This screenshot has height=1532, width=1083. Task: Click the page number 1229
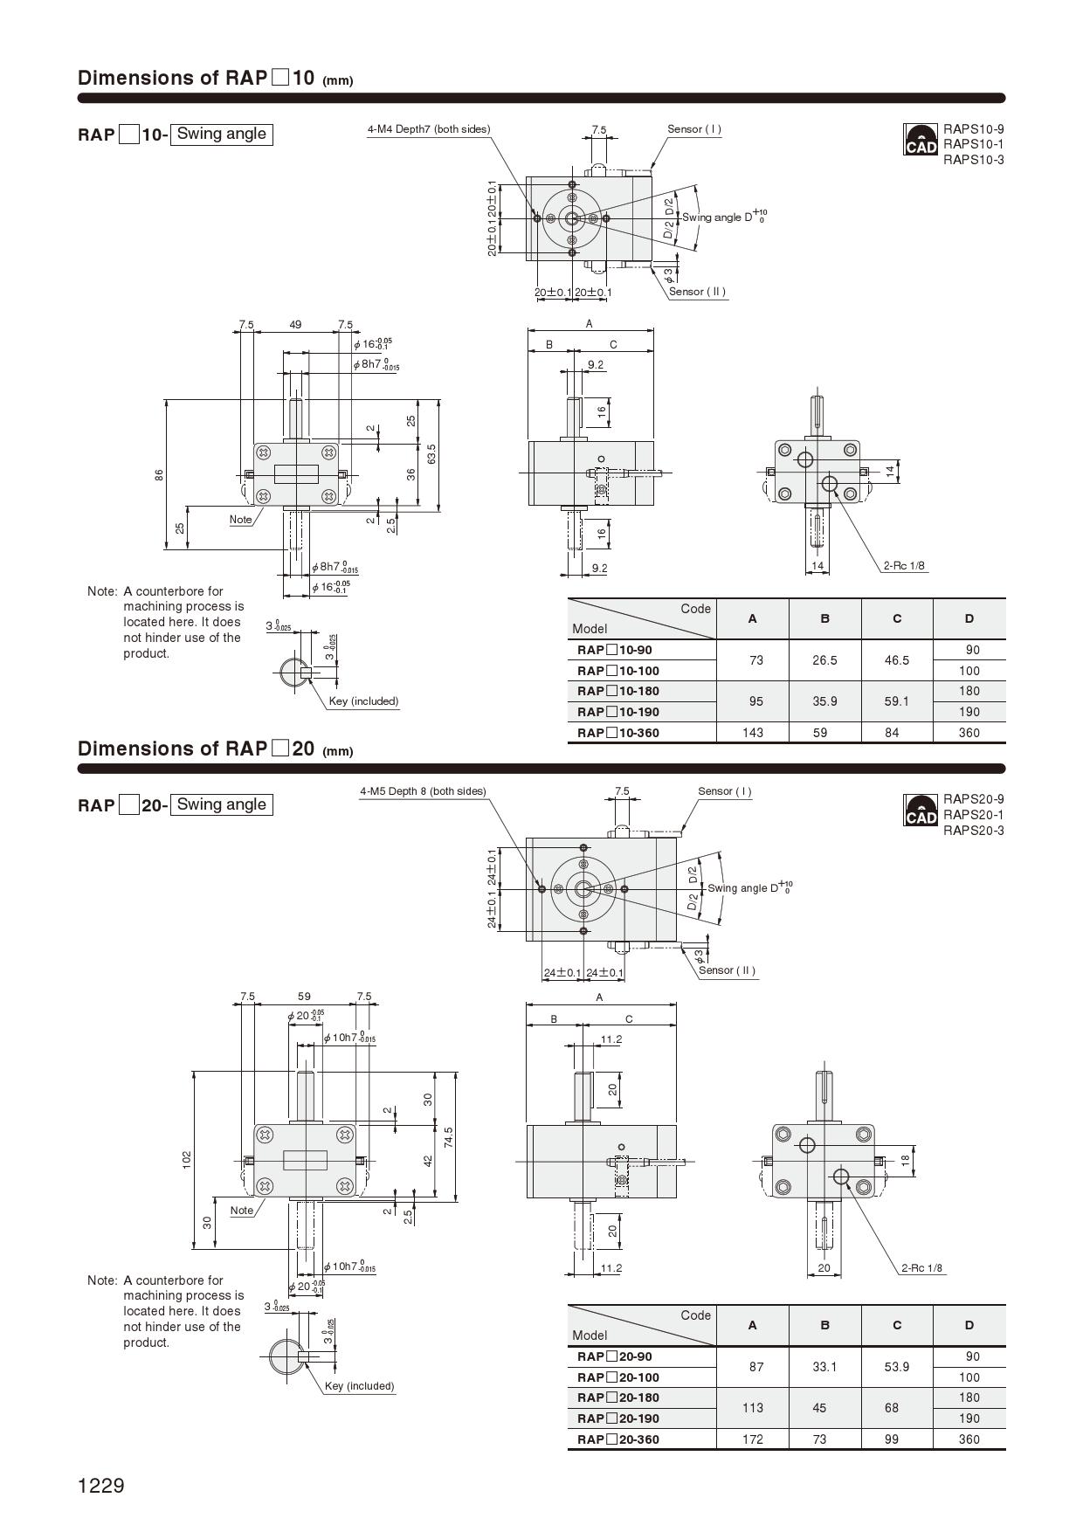pos(101,1486)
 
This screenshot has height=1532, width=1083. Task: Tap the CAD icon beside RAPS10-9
pos(921,140)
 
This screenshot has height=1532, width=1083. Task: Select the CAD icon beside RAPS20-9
pos(921,811)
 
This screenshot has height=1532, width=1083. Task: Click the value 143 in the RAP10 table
pos(752,733)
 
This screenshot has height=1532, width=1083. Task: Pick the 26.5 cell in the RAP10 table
pos(824,660)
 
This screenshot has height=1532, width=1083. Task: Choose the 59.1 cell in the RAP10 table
pos(896,701)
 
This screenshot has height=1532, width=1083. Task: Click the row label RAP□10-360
pos(617,733)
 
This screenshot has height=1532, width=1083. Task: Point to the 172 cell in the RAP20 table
pos(752,1439)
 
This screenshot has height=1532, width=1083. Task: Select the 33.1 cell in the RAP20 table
pos(824,1367)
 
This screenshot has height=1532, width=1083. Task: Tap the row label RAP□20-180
pos(617,1397)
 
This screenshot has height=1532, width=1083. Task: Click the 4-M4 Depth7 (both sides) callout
pos(428,129)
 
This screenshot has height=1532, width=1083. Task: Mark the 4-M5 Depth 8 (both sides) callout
pos(423,791)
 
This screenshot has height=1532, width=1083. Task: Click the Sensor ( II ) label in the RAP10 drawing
pos(697,292)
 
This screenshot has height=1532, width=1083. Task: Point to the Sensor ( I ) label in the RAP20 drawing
pos(724,791)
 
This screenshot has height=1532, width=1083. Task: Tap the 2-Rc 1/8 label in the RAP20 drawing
pos(921,1268)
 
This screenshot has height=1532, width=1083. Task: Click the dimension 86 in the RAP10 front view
pos(159,474)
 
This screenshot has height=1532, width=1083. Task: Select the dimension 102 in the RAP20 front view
pos(187,1160)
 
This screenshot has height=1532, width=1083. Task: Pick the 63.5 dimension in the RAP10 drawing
pos(431,453)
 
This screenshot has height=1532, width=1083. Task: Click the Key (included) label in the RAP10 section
pos(363,700)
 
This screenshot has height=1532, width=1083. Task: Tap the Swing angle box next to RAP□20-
pos(221,804)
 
